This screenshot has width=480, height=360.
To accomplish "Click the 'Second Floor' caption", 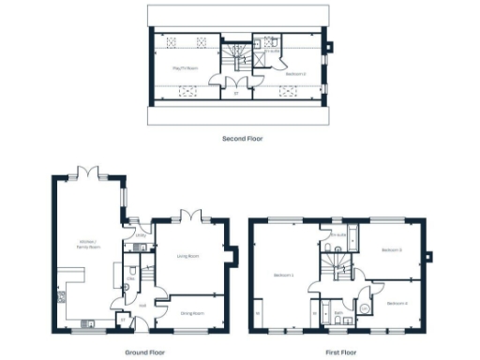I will point(242,139).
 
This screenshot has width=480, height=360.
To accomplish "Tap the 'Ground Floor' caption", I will point(145,352).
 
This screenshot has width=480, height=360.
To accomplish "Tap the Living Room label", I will point(188,254).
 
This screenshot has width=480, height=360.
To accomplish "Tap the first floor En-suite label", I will point(339,234).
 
